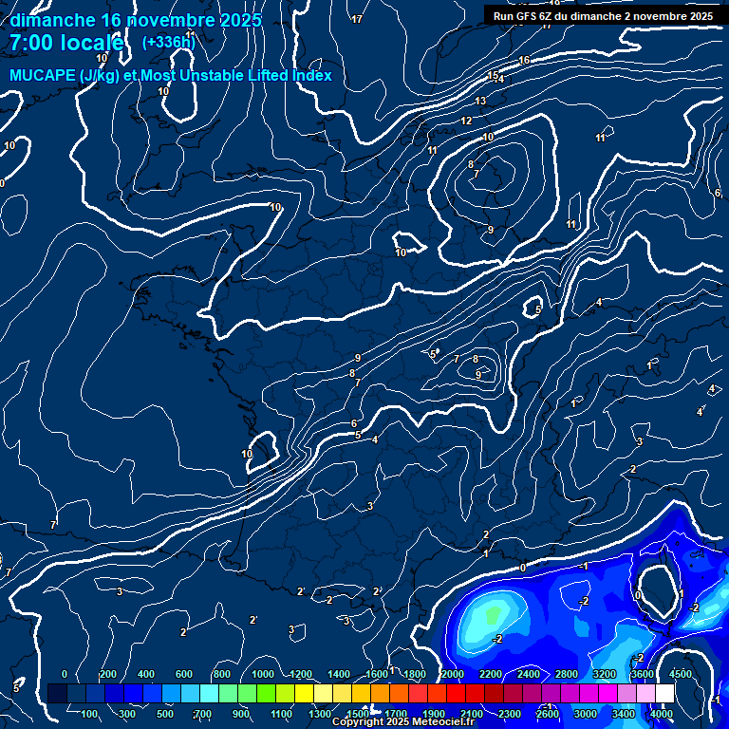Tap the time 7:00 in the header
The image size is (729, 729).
[x=30, y=44]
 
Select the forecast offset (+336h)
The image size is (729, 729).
[x=169, y=43]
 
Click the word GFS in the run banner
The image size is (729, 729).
[x=533, y=16]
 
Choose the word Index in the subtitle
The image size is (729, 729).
[x=309, y=75]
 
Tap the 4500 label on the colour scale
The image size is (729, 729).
[x=681, y=674]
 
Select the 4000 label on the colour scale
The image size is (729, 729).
[x=662, y=714]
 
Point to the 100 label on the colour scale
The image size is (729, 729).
[x=90, y=714]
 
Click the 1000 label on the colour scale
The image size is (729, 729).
[x=263, y=674]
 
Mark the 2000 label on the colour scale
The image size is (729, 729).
[x=453, y=674]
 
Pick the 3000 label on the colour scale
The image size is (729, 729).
[x=586, y=714]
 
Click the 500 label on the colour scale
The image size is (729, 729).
[x=166, y=714]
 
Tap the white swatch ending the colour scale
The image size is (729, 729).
[x=664, y=694]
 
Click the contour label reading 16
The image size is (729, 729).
[x=524, y=61]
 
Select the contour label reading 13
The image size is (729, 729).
[x=480, y=101]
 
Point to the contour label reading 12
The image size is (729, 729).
[x=466, y=121]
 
